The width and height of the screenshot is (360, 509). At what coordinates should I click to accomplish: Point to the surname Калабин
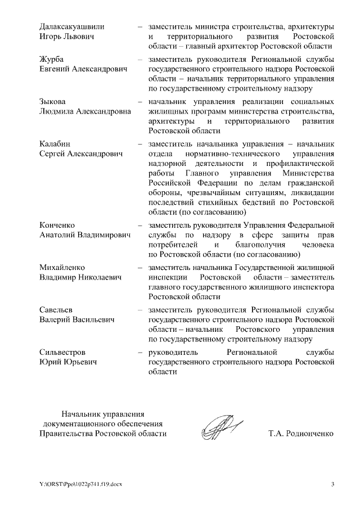(55, 143)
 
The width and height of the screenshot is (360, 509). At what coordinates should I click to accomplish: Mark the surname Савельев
(57, 310)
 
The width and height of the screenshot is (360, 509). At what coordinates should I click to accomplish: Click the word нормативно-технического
(233, 154)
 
